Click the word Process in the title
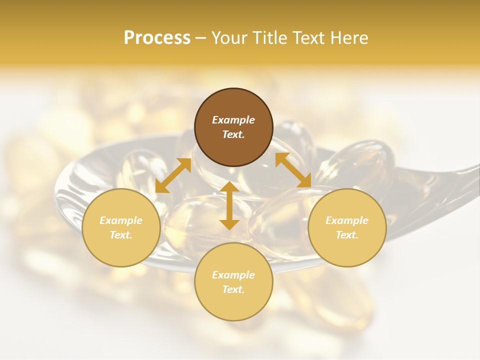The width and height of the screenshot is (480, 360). tap(157, 38)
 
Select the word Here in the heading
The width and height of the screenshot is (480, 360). tap(349, 38)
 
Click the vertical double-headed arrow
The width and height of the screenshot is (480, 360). tap(229, 205)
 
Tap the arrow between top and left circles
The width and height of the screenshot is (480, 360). tap(173, 175)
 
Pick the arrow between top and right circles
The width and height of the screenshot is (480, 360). tap(293, 170)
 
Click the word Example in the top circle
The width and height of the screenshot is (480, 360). tap(233, 120)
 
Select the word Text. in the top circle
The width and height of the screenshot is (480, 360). tap(233, 134)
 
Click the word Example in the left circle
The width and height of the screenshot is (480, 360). tap(121, 220)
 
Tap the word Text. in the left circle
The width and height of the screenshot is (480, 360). tap(121, 235)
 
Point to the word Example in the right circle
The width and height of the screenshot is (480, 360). tap(347, 220)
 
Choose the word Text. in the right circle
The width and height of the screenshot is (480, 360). tap(347, 235)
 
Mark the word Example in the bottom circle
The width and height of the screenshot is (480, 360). tap(233, 275)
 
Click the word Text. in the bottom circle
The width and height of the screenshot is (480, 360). tap(233, 289)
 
